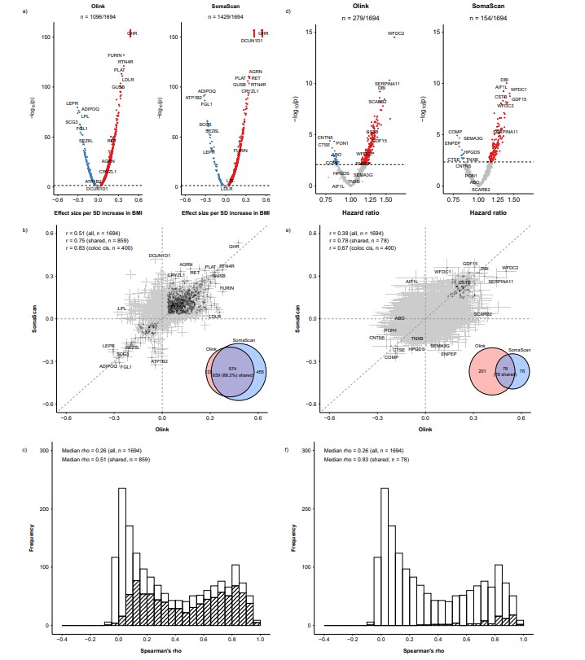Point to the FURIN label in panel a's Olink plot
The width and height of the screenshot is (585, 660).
[x=115, y=55]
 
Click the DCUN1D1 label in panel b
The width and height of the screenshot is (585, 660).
[x=161, y=256]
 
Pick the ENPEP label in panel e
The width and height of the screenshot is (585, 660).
[x=449, y=354]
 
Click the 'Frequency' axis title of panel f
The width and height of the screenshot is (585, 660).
[x=295, y=537]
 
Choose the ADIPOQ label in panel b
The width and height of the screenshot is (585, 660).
[x=108, y=365]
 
